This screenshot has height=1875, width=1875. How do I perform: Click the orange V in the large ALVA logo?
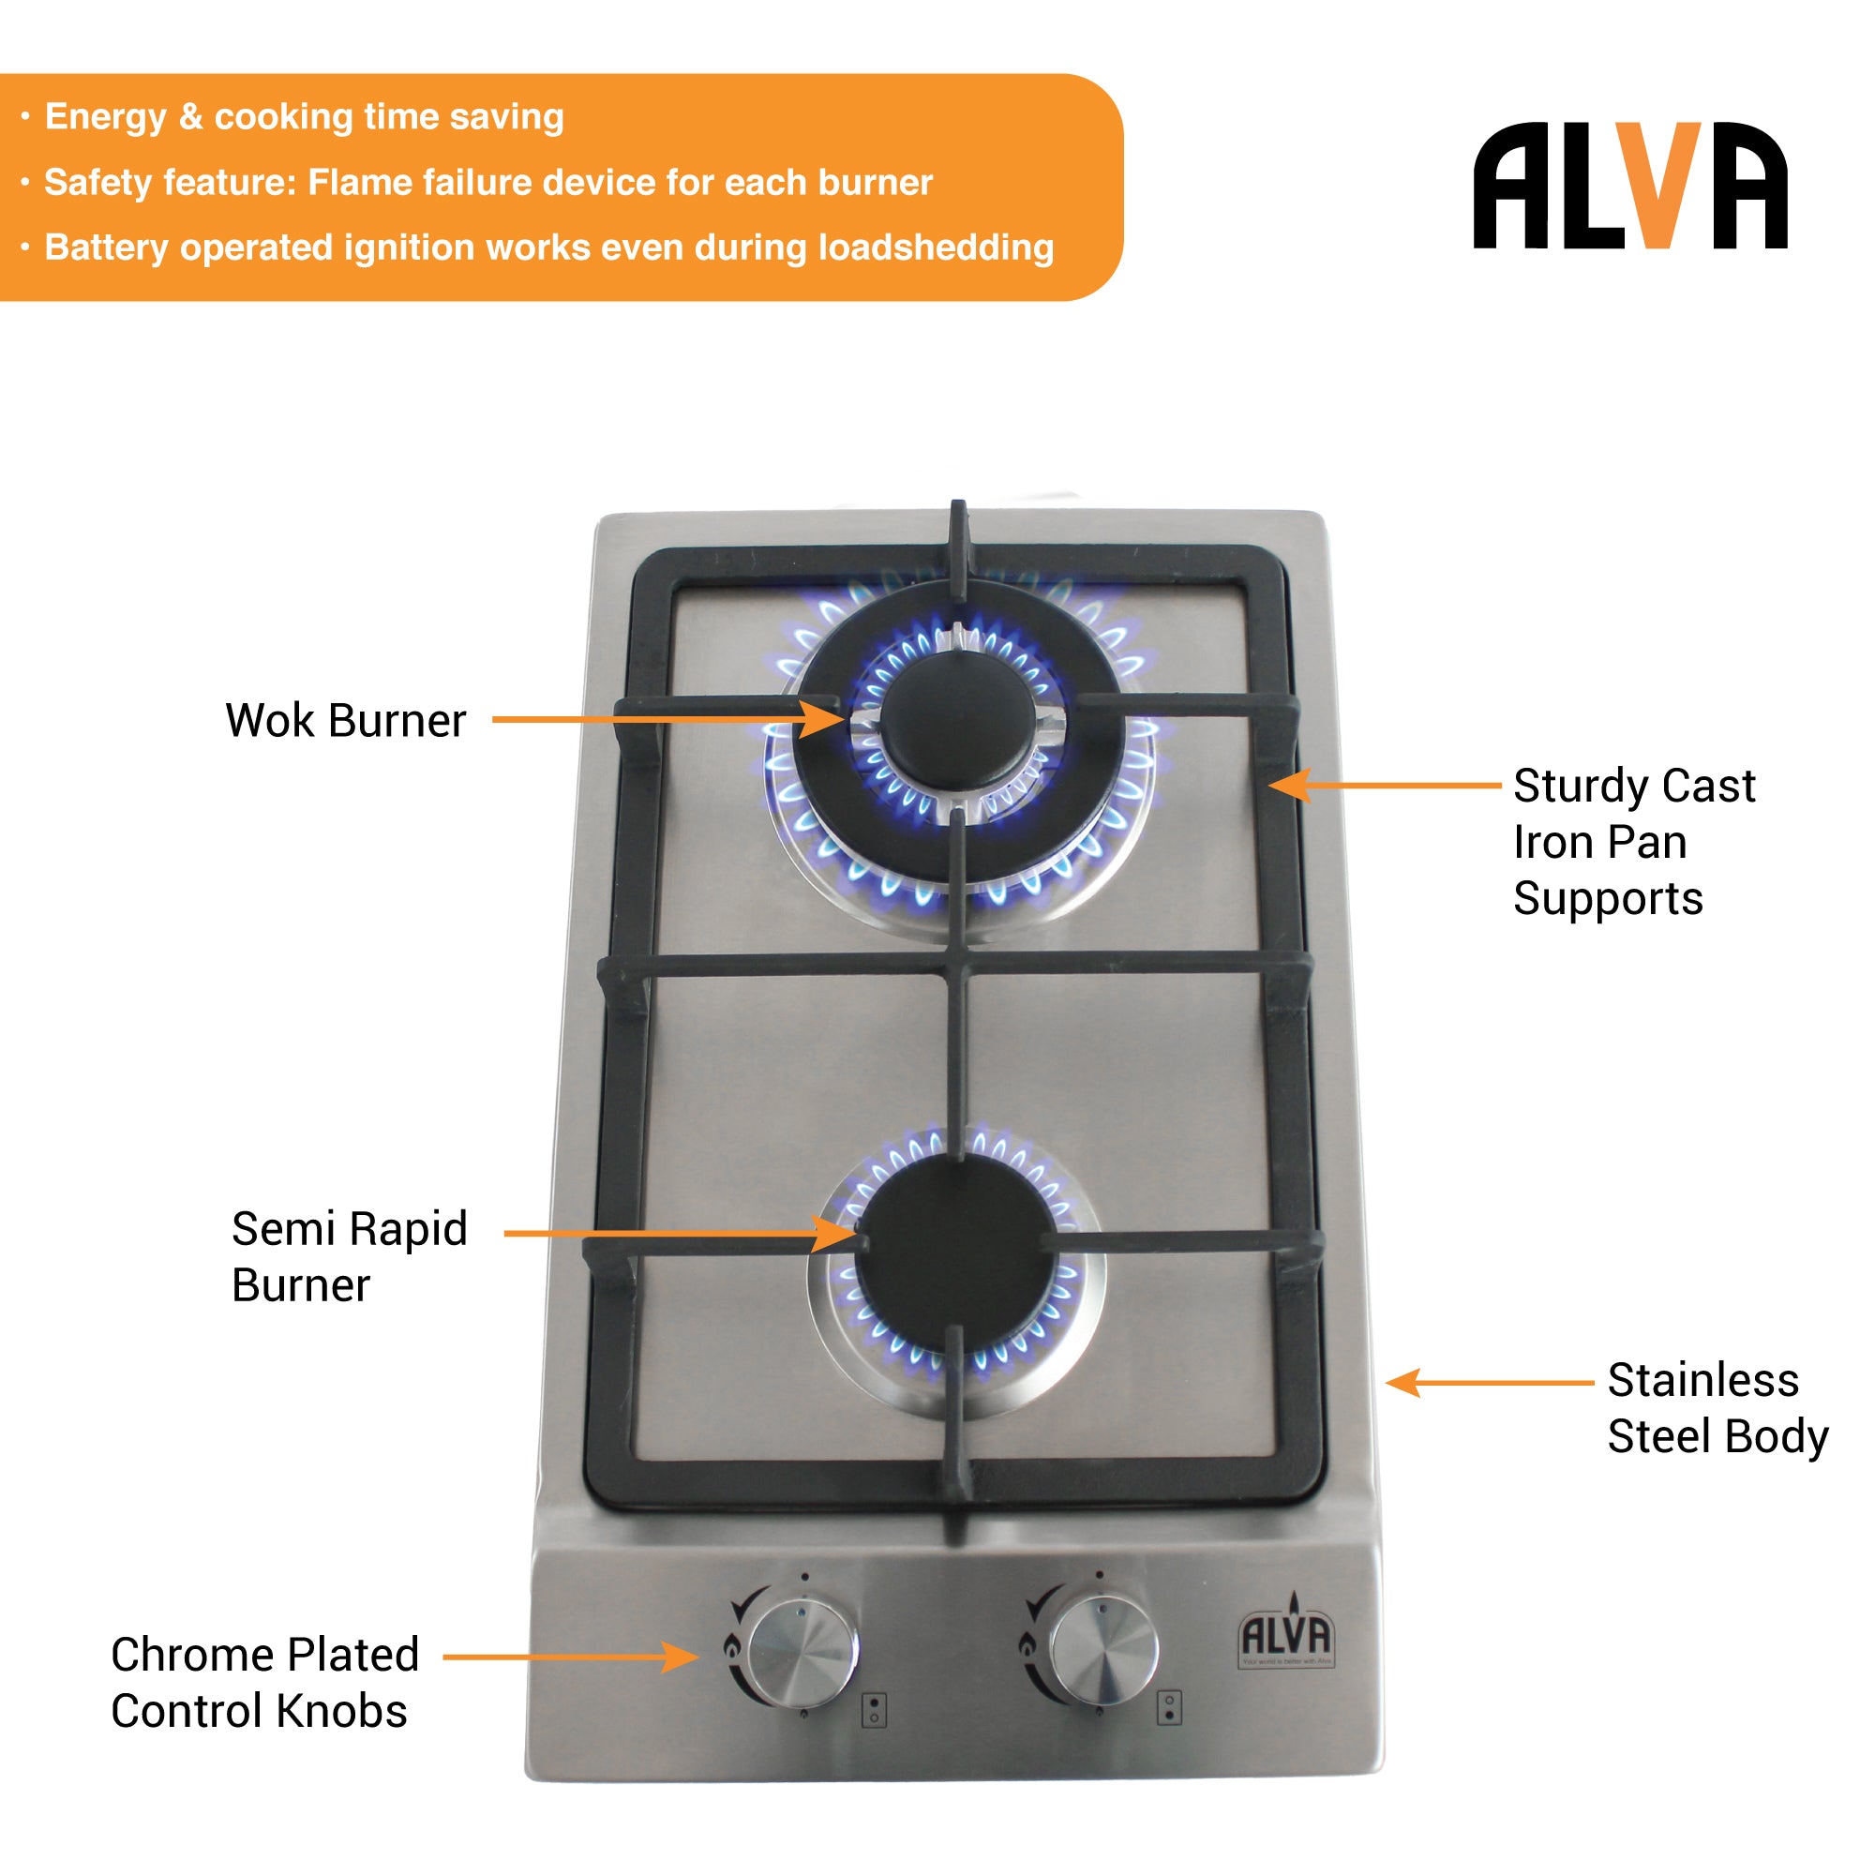tap(1663, 185)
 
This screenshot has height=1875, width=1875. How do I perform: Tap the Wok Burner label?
tap(346, 721)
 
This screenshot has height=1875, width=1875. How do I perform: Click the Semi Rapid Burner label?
tap(350, 1256)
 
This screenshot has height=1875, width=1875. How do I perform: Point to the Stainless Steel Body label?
tap(1717, 1407)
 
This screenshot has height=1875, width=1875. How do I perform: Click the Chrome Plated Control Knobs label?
tap(264, 1682)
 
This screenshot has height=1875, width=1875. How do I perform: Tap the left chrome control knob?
tap(802, 1653)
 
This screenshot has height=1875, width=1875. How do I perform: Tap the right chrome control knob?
tap(1105, 1651)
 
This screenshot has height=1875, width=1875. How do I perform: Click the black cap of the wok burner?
tap(958, 720)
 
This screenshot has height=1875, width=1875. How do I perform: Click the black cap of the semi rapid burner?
tap(956, 1252)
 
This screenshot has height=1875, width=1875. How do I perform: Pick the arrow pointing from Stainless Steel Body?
tap(1489, 1382)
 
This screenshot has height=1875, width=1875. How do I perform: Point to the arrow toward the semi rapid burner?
tap(680, 1234)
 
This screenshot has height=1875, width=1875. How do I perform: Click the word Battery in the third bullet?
tap(106, 247)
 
